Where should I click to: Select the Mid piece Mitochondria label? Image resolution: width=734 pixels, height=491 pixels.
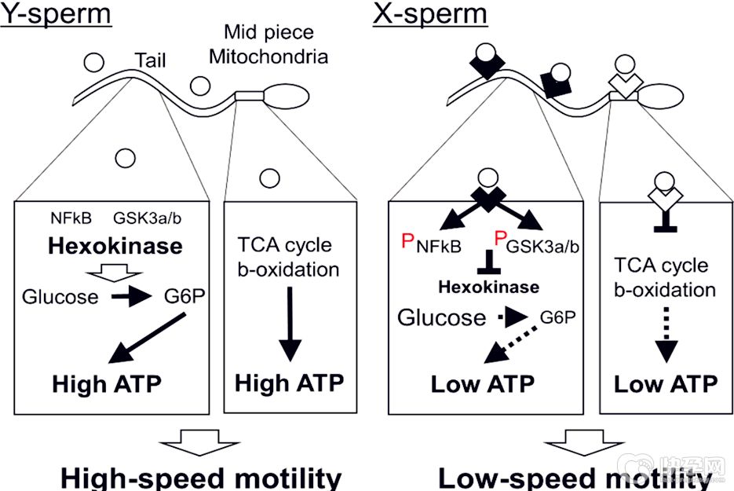tap(268, 45)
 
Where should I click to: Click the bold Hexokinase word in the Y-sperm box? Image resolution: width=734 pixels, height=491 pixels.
tap(115, 246)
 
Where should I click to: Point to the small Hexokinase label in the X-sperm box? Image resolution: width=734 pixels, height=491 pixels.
tap(488, 287)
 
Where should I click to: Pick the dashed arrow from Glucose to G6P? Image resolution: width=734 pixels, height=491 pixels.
tap(511, 317)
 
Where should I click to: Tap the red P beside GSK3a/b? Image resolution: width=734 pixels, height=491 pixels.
tap(499, 241)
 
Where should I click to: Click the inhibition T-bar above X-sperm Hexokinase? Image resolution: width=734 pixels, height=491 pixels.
tap(488, 260)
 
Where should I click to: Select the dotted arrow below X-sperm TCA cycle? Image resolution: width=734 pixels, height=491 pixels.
tap(665, 339)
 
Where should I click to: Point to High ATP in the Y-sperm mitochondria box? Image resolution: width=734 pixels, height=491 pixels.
tap(290, 384)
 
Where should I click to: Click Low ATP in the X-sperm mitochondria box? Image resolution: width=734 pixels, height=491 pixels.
tap(665, 384)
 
